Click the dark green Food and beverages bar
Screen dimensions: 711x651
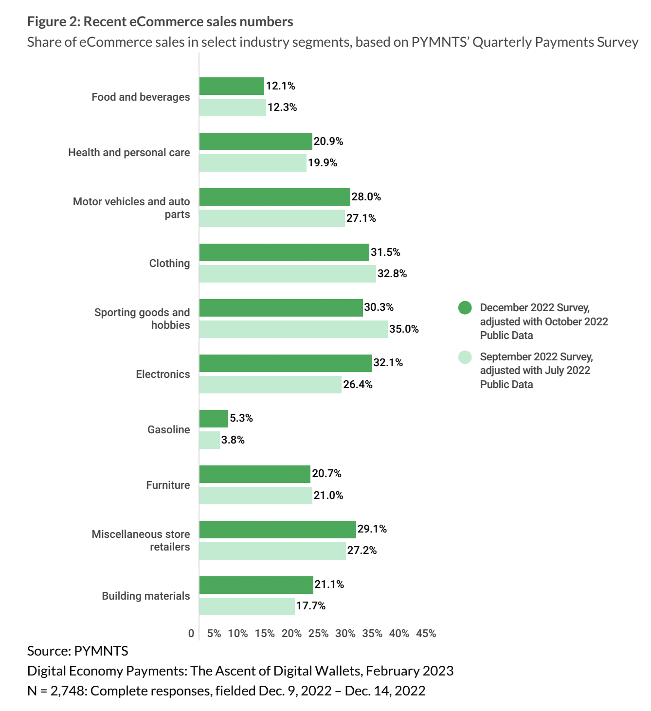[x=232, y=86]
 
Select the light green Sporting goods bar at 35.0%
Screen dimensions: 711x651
[x=293, y=329]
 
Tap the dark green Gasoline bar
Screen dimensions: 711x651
[x=214, y=418]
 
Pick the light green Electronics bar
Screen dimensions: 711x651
[x=270, y=385]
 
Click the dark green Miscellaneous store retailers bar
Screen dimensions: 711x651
[x=277, y=529]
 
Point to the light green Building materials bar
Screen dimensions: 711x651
[x=247, y=606]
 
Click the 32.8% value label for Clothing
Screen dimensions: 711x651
[x=392, y=274]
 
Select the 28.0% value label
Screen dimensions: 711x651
[x=366, y=197]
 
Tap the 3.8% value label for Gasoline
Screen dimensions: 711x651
[x=233, y=440]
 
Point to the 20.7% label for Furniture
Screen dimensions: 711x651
[x=326, y=474]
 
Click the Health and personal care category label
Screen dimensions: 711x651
[x=129, y=153]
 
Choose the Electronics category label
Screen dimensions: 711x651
[x=163, y=374]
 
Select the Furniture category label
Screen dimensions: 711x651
[x=168, y=485]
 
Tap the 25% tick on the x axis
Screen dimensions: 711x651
[x=318, y=634]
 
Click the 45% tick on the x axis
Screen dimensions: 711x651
[x=426, y=634]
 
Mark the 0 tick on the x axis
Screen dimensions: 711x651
[x=191, y=634]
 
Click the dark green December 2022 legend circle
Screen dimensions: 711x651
[x=465, y=308]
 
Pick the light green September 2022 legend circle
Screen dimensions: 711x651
[x=465, y=357]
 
